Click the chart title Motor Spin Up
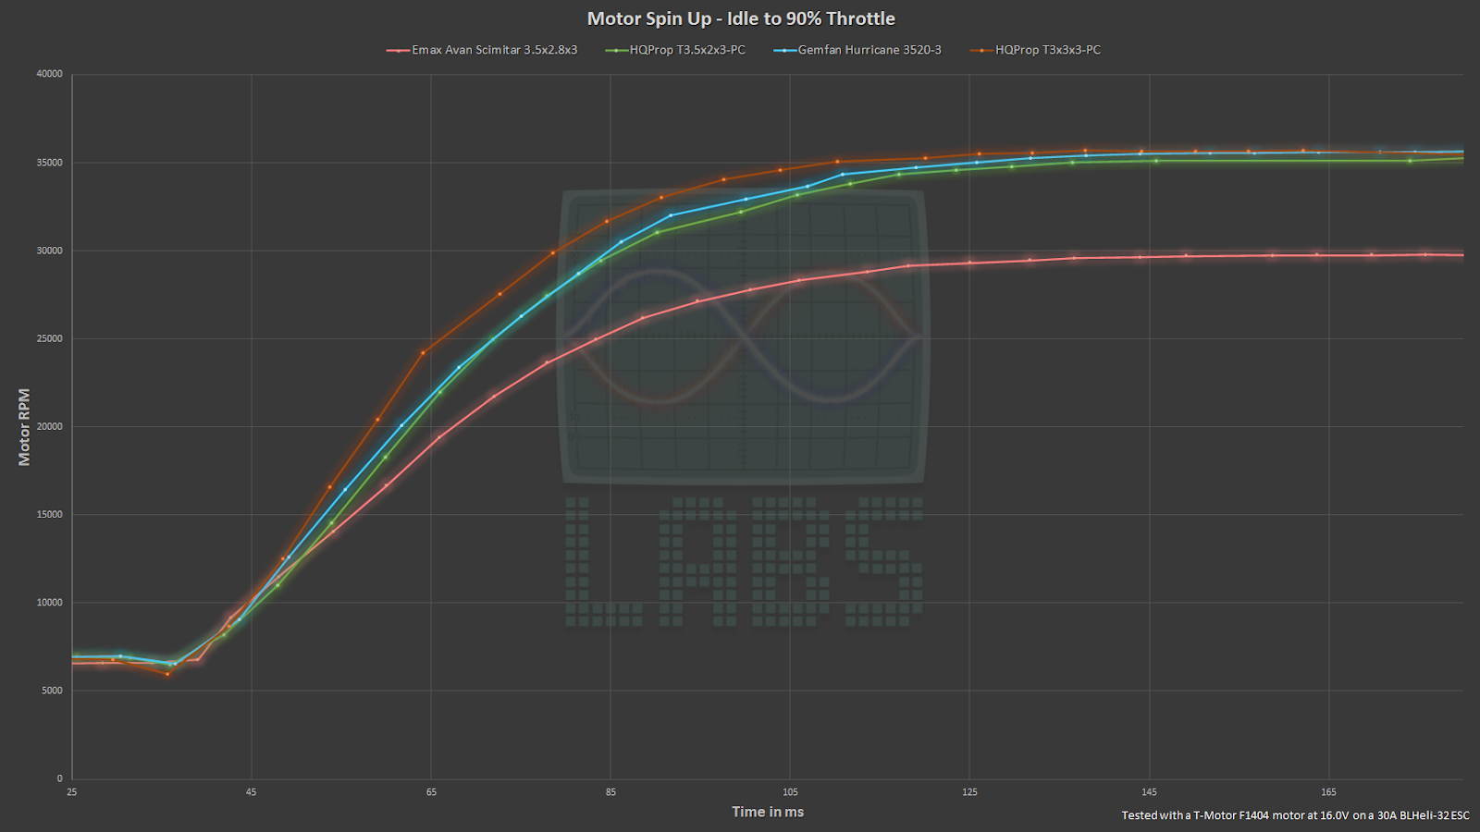(x=741, y=18)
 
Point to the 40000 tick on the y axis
(x=49, y=74)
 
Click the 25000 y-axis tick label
(x=49, y=338)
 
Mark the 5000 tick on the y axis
(x=52, y=691)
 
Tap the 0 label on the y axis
(x=59, y=778)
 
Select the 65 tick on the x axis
(x=431, y=792)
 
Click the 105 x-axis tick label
(x=790, y=792)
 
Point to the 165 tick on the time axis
(x=1328, y=792)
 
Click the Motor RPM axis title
(x=24, y=426)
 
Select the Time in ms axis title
(x=768, y=812)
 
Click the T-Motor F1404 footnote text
(x=1295, y=815)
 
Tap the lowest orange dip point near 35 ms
(x=167, y=674)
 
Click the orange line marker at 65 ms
(x=423, y=353)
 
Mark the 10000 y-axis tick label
(x=49, y=603)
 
